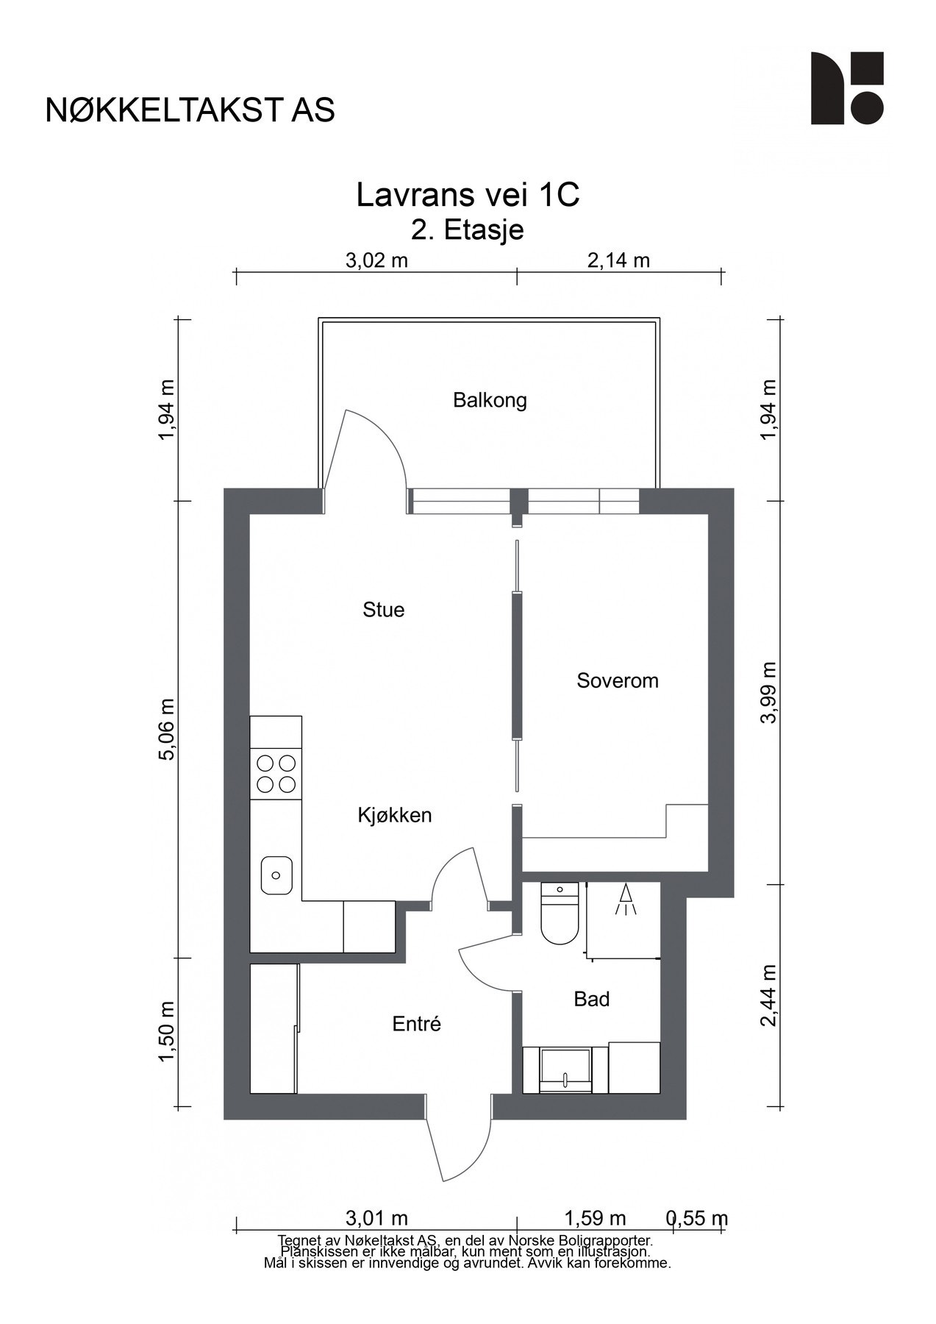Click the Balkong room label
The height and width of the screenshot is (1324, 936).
(x=490, y=401)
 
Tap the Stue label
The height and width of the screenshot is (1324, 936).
(x=383, y=610)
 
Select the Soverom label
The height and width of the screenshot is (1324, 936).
(x=618, y=680)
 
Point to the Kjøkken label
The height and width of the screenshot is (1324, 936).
(x=395, y=815)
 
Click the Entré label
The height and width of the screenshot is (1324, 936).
(x=416, y=1023)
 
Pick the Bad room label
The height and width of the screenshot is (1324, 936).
(x=592, y=999)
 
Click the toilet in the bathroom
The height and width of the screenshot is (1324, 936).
(x=560, y=914)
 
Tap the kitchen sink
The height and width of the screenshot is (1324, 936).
(x=276, y=875)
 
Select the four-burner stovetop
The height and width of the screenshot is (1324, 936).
(x=276, y=774)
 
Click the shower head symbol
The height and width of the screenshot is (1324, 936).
(x=626, y=900)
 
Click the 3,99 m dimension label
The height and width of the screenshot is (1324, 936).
(x=768, y=692)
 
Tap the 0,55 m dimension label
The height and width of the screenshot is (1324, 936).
(x=697, y=1218)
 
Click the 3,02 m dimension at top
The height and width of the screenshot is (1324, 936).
(x=376, y=260)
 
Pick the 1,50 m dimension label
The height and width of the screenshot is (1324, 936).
(x=168, y=1031)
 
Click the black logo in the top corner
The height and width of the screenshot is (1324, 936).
(x=847, y=88)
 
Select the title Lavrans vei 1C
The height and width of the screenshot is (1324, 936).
(x=468, y=196)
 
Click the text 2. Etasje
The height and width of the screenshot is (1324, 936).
(x=468, y=230)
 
